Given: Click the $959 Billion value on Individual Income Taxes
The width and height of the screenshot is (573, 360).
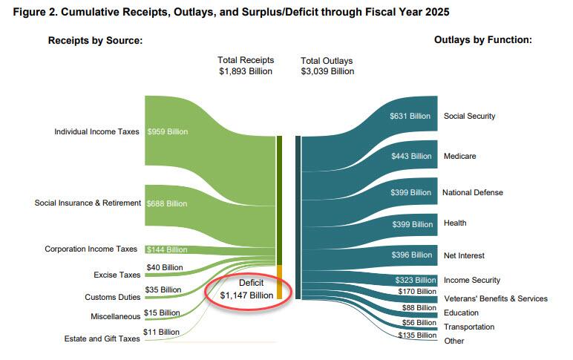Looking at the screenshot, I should (168, 131).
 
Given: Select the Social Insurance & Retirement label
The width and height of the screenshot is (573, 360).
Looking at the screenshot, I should (88, 203).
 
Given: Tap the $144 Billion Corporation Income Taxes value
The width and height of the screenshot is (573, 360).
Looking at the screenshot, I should (167, 249).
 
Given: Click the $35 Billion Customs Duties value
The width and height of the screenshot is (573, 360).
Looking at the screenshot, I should (163, 289).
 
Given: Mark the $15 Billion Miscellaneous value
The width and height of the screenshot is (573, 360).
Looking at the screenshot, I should (163, 312).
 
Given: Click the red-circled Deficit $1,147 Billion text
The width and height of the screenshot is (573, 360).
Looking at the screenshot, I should (246, 289).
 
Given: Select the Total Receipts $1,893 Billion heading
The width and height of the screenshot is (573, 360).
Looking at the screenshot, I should (246, 65).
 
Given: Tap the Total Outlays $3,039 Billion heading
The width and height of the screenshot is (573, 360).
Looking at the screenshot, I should (327, 65).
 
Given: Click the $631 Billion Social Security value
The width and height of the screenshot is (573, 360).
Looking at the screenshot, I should (410, 117).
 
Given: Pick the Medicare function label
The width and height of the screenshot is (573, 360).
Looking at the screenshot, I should (459, 156).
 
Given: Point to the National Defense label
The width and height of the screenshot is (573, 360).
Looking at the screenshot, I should (473, 192).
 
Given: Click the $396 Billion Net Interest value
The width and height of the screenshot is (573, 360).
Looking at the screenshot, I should (411, 255).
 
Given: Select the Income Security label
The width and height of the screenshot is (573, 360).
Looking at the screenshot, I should (472, 280).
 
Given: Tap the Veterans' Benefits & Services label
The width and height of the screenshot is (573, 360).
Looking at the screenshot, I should (495, 298).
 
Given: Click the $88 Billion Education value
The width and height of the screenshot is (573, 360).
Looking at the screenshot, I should (419, 307).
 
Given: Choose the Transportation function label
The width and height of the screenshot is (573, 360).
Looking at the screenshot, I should (469, 327).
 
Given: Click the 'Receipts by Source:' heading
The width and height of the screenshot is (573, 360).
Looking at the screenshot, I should (95, 39).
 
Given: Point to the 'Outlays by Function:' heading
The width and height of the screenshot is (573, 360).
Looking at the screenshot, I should (482, 39).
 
